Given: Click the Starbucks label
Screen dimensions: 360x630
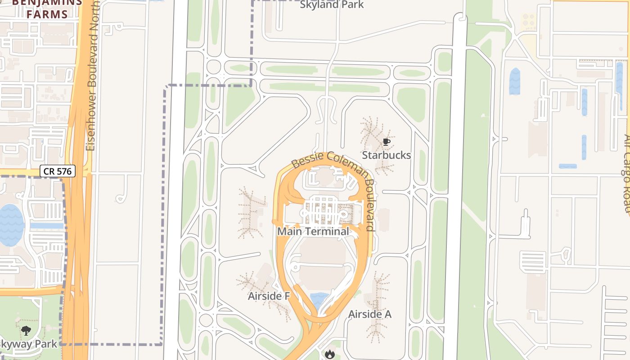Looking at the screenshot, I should [x=386, y=155].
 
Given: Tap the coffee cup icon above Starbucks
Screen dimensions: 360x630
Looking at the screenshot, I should [x=386, y=142].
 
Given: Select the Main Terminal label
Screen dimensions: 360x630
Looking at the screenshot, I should [x=313, y=231].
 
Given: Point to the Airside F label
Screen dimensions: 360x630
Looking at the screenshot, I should [x=269, y=296].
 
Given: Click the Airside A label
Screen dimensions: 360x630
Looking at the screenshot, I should [x=370, y=314].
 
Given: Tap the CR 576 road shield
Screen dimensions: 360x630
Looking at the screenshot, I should [x=58, y=171].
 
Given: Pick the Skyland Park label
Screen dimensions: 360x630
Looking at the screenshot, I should [x=332, y=5].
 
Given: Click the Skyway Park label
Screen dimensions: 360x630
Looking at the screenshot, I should [x=28, y=344].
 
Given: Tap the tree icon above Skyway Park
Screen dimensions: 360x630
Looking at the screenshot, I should [x=26, y=331].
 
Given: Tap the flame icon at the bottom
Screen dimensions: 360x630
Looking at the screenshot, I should [x=330, y=355].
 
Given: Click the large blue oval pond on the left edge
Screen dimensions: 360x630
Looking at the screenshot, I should [x=11, y=225].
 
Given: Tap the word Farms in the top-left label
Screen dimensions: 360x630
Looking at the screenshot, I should [x=47, y=14].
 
